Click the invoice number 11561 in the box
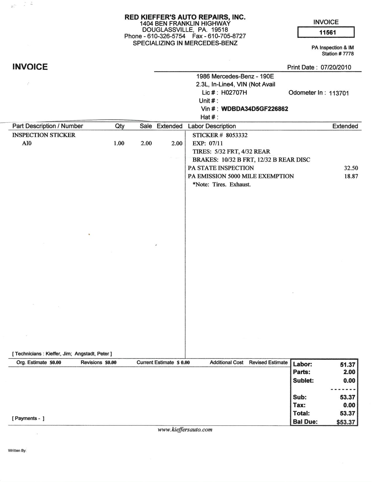coord(327,32)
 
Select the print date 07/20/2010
coord(336,67)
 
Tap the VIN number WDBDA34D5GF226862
coord(255,109)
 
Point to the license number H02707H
coord(234,93)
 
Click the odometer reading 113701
coord(339,93)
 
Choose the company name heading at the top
coord(185,17)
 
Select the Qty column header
coord(120,126)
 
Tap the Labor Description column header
coord(212,126)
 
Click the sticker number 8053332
coord(237,135)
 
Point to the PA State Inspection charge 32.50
coord(351,168)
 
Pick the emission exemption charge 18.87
coord(351,176)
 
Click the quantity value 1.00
coord(119,143)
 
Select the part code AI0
coord(27,143)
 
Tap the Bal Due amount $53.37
coord(346,422)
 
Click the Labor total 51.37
coord(347,365)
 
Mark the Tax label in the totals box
coord(299,405)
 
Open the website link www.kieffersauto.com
coord(185,430)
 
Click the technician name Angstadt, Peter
coord(92,354)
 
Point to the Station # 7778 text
coord(338,54)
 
